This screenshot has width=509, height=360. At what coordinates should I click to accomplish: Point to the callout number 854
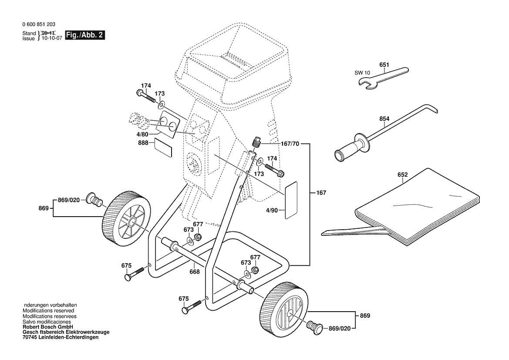click(384, 119)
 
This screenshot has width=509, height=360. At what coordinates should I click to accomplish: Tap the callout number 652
click(402, 175)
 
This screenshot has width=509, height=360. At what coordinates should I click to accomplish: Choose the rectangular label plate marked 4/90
click(291, 200)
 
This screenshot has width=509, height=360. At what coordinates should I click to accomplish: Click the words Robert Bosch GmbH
click(47, 327)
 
